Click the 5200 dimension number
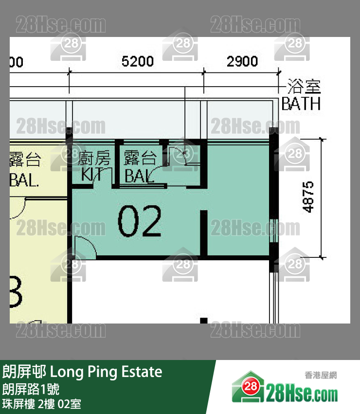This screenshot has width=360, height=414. (x=137, y=61)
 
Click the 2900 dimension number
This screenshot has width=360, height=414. (x=242, y=61)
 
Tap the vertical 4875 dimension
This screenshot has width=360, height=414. (x=308, y=197)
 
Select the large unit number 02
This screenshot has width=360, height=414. (x=139, y=221)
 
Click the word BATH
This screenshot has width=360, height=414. (x=301, y=104)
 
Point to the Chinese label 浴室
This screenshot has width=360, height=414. (x=304, y=87)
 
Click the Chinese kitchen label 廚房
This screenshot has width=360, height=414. (x=94, y=158)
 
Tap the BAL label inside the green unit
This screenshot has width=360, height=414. (x=138, y=176)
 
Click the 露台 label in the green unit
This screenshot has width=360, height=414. (x=140, y=158)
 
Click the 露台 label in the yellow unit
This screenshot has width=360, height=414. (x=25, y=159)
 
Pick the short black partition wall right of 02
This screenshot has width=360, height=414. (x=204, y=233)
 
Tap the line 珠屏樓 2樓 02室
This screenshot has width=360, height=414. (x=41, y=404)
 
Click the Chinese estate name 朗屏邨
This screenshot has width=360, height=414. (x=24, y=373)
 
